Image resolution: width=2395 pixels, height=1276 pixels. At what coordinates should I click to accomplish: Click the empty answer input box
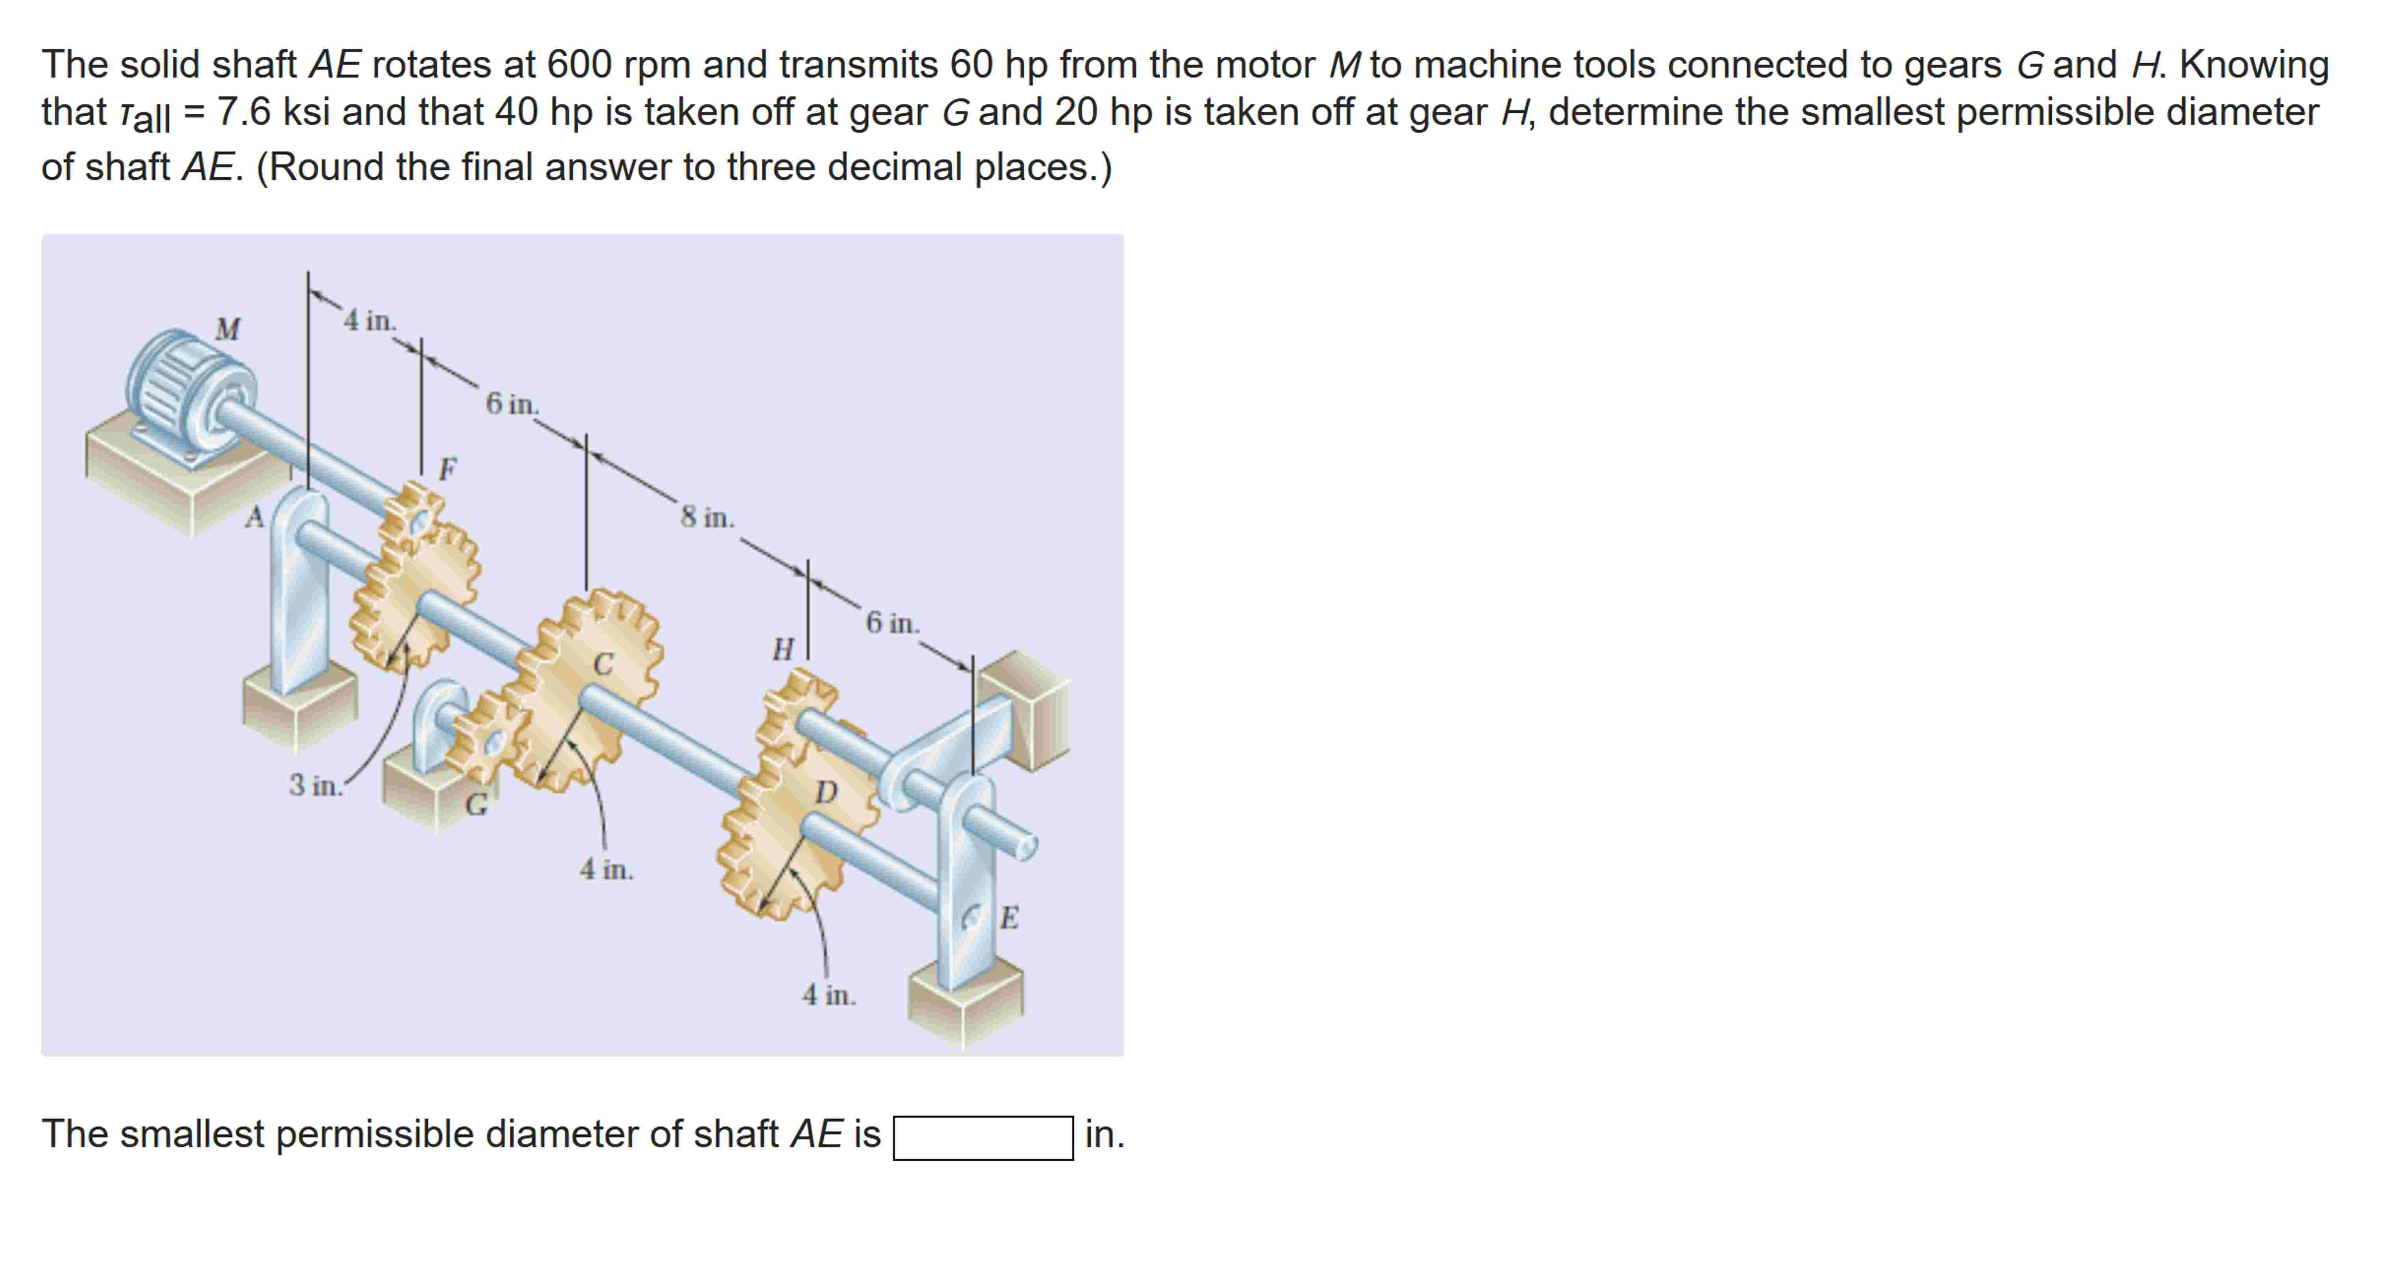pos(983,1137)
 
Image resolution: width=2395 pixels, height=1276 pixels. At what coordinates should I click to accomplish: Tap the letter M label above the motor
pos(228,329)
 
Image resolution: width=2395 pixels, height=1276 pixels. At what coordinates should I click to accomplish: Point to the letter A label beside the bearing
pos(254,517)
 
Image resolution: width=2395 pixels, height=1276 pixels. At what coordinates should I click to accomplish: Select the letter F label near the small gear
pos(448,469)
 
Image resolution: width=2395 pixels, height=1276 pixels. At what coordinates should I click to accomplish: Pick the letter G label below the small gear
pos(476,804)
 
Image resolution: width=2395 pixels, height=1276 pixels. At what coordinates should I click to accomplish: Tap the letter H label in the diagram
pos(783,649)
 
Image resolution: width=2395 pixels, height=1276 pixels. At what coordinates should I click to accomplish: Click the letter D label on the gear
pos(826,792)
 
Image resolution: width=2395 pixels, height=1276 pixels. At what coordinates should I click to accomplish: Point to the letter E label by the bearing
pos(1010,918)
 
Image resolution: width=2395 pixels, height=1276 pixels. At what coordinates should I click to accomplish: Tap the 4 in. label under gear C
pos(606,869)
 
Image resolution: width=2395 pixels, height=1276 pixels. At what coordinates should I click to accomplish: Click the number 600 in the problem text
pos(578,65)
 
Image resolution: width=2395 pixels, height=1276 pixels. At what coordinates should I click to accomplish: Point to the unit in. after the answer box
pos(1105,1135)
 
